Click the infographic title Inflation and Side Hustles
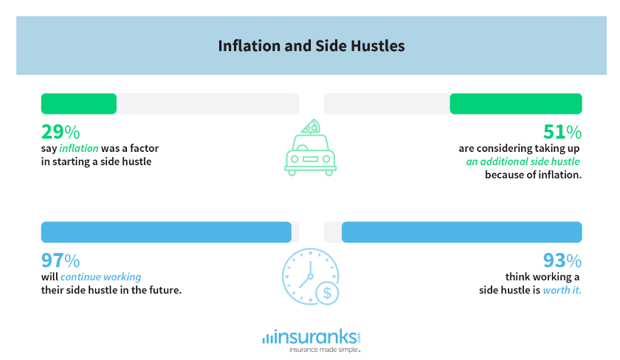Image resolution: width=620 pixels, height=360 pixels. point(311,46)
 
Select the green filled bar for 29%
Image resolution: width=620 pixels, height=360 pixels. point(79,103)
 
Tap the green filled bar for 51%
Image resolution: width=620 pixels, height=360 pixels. point(516,103)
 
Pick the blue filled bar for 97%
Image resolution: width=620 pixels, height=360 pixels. point(166,232)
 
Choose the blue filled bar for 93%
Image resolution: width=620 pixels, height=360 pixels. point(462,232)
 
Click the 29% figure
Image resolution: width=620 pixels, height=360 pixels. point(61,132)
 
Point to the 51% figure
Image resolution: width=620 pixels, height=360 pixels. point(562,132)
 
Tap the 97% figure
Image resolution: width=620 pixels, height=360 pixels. point(61,260)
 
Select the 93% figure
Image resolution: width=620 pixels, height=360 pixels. point(562,260)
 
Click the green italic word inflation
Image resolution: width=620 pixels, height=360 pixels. point(79,148)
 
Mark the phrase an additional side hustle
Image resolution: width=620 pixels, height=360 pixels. point(523,162)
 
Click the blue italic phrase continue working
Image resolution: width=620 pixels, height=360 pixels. point(101,277)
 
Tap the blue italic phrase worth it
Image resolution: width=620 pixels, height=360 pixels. point(562,290)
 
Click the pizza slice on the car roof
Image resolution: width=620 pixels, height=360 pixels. point(311,126)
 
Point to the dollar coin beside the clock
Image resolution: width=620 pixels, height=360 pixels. point(327,293)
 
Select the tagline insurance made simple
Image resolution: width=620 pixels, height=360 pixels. point(324,350)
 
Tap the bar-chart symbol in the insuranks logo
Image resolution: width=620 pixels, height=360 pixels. point(267,339)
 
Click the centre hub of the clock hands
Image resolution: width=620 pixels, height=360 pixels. point(311,277)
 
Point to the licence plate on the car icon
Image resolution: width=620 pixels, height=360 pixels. point(311,159)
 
